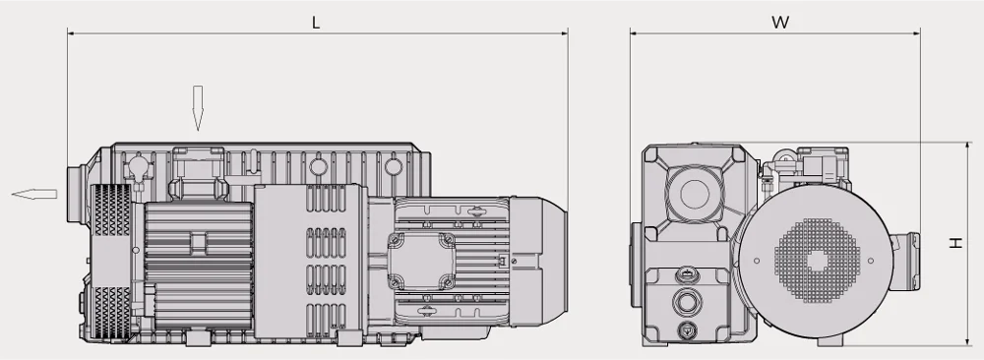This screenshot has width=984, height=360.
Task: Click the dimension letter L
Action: point(316,23)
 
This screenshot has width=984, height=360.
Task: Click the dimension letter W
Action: point(780,23)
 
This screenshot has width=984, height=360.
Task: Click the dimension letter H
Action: point(955,243)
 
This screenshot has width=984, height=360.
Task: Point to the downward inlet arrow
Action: point(198,108)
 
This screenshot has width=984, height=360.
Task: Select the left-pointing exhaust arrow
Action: point(34,194)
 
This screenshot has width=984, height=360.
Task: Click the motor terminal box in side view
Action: point(419,261)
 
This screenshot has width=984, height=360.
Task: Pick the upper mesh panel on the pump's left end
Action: point(111,210)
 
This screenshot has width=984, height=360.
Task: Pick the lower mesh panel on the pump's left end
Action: point(111,313)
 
